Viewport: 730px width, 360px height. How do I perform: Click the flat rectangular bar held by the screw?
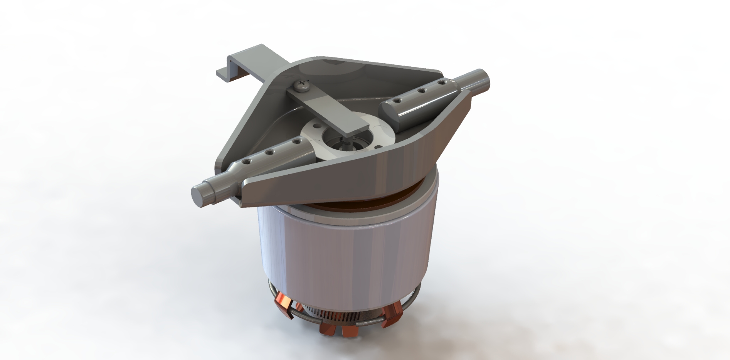328,112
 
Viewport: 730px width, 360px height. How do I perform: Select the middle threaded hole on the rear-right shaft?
422,91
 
